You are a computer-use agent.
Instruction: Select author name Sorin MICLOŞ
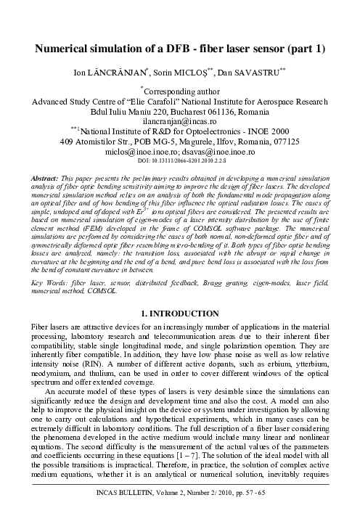point(190,75)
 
